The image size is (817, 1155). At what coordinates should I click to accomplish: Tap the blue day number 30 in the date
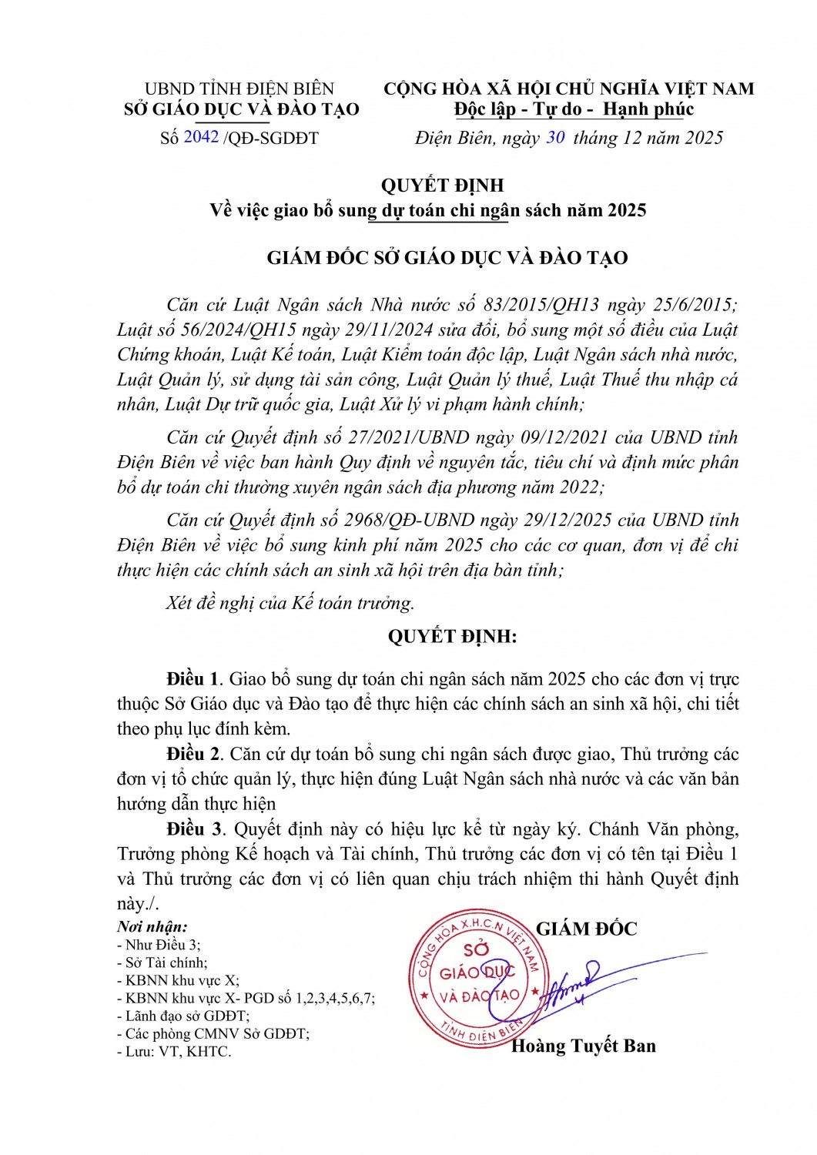click(555, 137)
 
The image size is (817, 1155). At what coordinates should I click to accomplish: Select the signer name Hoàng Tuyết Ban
click(584, 1045)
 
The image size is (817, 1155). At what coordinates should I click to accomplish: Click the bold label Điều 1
click(193, 678)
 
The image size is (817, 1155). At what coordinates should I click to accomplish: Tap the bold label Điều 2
click(193, 753)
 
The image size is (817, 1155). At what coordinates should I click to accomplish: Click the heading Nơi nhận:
click(152, 926)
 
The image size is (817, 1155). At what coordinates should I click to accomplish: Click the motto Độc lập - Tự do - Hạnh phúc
click(573, 109)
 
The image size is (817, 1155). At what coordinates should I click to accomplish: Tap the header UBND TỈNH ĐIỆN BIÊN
click(239, 89)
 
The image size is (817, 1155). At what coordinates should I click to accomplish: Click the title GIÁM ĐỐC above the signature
click(587, 929)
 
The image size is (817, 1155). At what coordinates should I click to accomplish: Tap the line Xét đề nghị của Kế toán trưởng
click(290, 602)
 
